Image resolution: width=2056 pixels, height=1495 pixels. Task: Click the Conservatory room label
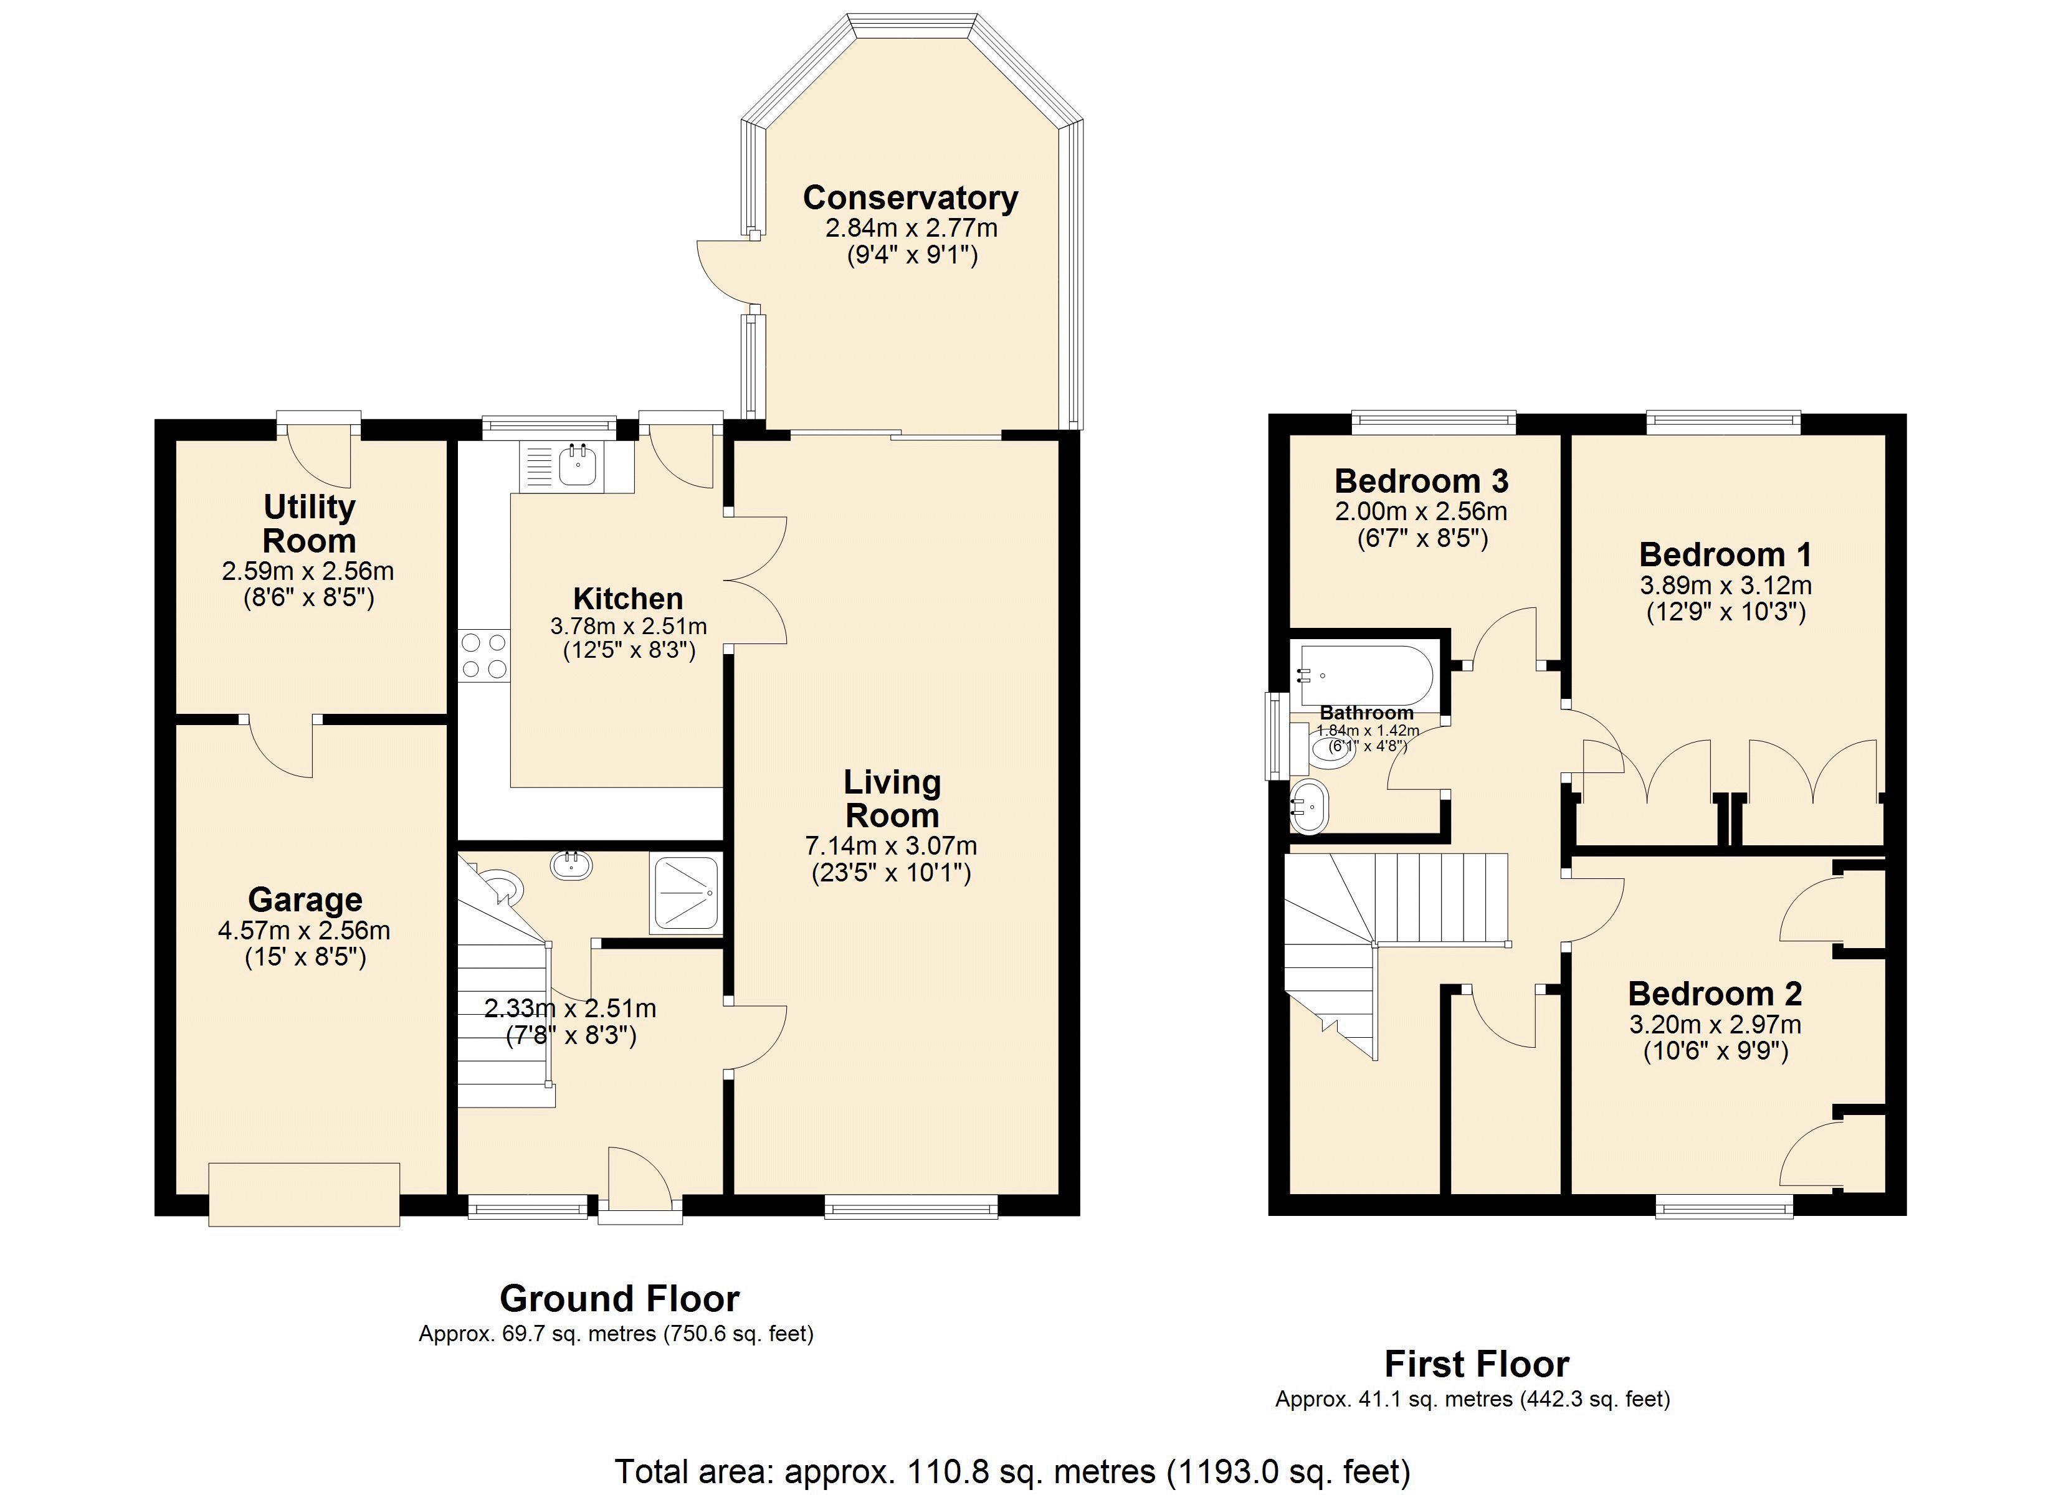[910, 197]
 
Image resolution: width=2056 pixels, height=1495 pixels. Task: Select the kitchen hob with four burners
[484, 655]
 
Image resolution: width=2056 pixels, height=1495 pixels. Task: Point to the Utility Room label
[309, 523]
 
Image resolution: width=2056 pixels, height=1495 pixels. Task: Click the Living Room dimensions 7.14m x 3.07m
[891, 846]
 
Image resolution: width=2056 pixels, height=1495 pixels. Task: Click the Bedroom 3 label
[1421, 480]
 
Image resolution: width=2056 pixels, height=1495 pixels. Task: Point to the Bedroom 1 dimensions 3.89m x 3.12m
[1725, 585]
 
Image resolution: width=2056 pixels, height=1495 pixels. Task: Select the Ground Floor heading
[619, 1298]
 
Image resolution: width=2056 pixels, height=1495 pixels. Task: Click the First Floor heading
[1477, 1364]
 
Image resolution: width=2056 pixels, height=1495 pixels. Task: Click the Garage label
[305, 899]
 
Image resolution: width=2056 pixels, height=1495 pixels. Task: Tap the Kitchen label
[627, 599]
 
